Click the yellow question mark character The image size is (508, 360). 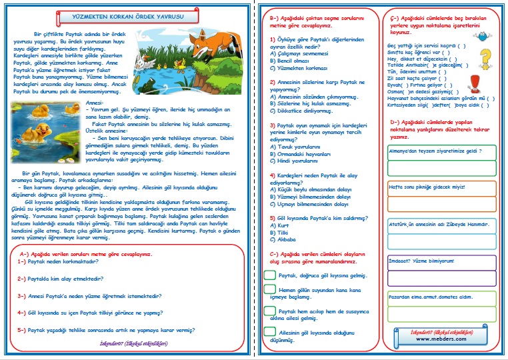485,56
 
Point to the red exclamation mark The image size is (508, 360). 476,83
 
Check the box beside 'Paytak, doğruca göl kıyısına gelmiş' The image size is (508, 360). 269,274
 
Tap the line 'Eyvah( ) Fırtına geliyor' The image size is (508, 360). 423,85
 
